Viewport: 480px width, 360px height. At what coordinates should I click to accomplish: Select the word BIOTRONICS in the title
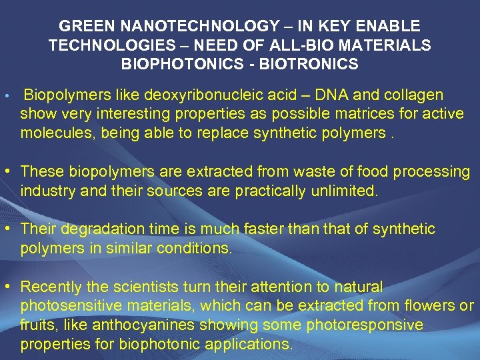(x=316, y=65)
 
